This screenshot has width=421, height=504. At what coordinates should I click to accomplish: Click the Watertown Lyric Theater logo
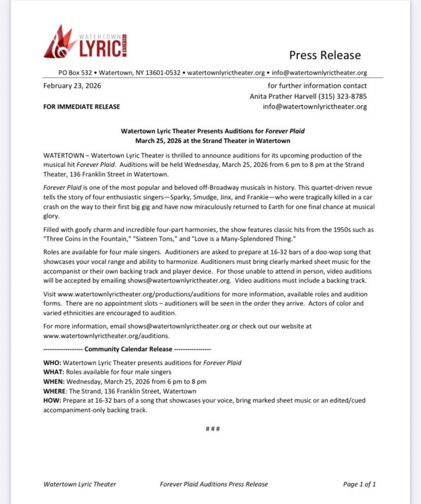tap(85, 42)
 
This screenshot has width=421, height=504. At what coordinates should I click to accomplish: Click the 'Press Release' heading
tap(325, 55)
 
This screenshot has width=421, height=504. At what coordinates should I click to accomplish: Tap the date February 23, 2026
tap(72, 85)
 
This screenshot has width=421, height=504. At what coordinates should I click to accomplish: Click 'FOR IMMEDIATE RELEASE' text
tap(82, 107)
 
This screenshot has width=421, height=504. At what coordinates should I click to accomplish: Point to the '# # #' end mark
tap(213, 429)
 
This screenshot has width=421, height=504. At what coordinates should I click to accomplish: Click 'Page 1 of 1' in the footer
tap(359, 484)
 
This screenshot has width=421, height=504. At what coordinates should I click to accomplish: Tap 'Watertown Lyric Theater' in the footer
tap(80, 484)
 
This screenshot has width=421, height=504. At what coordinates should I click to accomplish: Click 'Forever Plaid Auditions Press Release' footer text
tap(214, 484)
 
